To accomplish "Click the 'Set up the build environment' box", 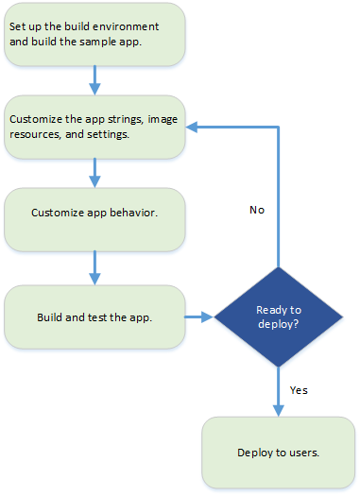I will click(x=94, y=35).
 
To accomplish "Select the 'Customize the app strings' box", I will click(x=94, y=127).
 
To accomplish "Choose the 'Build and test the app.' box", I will click(x=94, y=316).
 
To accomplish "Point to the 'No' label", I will click(x=256, y=210).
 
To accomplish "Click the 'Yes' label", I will click(x=299, y=389).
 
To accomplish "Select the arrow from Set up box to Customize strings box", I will click(x=94, y=79).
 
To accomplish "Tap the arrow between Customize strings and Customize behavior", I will click(x=94, y=172).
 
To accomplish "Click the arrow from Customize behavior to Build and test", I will click(x=94, y=267).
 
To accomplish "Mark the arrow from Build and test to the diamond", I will click(x=198, y=316).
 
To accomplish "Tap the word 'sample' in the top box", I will click(x=110, y=42).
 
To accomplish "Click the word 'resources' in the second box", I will click(x=34, y=134).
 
